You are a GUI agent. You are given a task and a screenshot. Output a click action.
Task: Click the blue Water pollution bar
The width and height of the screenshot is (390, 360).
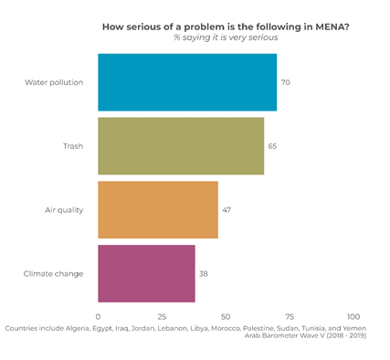pos(187,82)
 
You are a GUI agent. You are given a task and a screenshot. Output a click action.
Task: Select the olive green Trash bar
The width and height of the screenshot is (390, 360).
pos(181,145)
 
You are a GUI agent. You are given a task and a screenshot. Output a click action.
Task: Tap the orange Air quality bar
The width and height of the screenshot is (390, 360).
pos(158,209)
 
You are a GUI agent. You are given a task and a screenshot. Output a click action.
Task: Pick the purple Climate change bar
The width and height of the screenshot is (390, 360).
pos(146,273)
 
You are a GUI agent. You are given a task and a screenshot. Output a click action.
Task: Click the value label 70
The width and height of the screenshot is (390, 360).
pos(286,82)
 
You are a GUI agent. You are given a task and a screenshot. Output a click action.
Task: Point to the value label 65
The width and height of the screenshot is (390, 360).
pos(273,145)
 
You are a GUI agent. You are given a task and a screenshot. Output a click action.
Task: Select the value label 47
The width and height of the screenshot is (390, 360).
pos(227,209)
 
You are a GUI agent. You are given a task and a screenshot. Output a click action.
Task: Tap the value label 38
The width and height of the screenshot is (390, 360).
pos(204,273)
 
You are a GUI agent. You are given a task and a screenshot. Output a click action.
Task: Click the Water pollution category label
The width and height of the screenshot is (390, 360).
pos(54,82)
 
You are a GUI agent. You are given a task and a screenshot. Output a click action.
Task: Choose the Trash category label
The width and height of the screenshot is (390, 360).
pos(73,145)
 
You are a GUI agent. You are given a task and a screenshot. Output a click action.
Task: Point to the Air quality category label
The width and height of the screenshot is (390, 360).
pos(64,209)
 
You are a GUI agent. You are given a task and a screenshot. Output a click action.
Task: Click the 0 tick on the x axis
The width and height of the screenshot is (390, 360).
pos(98,316)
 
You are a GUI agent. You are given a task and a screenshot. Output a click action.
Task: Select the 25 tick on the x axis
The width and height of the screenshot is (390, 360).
pos(162,316)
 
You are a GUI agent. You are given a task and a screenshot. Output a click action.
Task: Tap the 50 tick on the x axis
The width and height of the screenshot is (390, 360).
pos(226,316)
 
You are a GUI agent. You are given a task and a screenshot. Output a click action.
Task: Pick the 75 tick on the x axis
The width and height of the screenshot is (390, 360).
pos(290,316)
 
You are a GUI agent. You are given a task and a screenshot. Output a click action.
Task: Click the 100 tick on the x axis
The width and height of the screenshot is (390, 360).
pos(353,316)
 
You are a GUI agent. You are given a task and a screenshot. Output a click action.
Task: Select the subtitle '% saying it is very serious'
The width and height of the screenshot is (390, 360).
pos(226,37)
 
